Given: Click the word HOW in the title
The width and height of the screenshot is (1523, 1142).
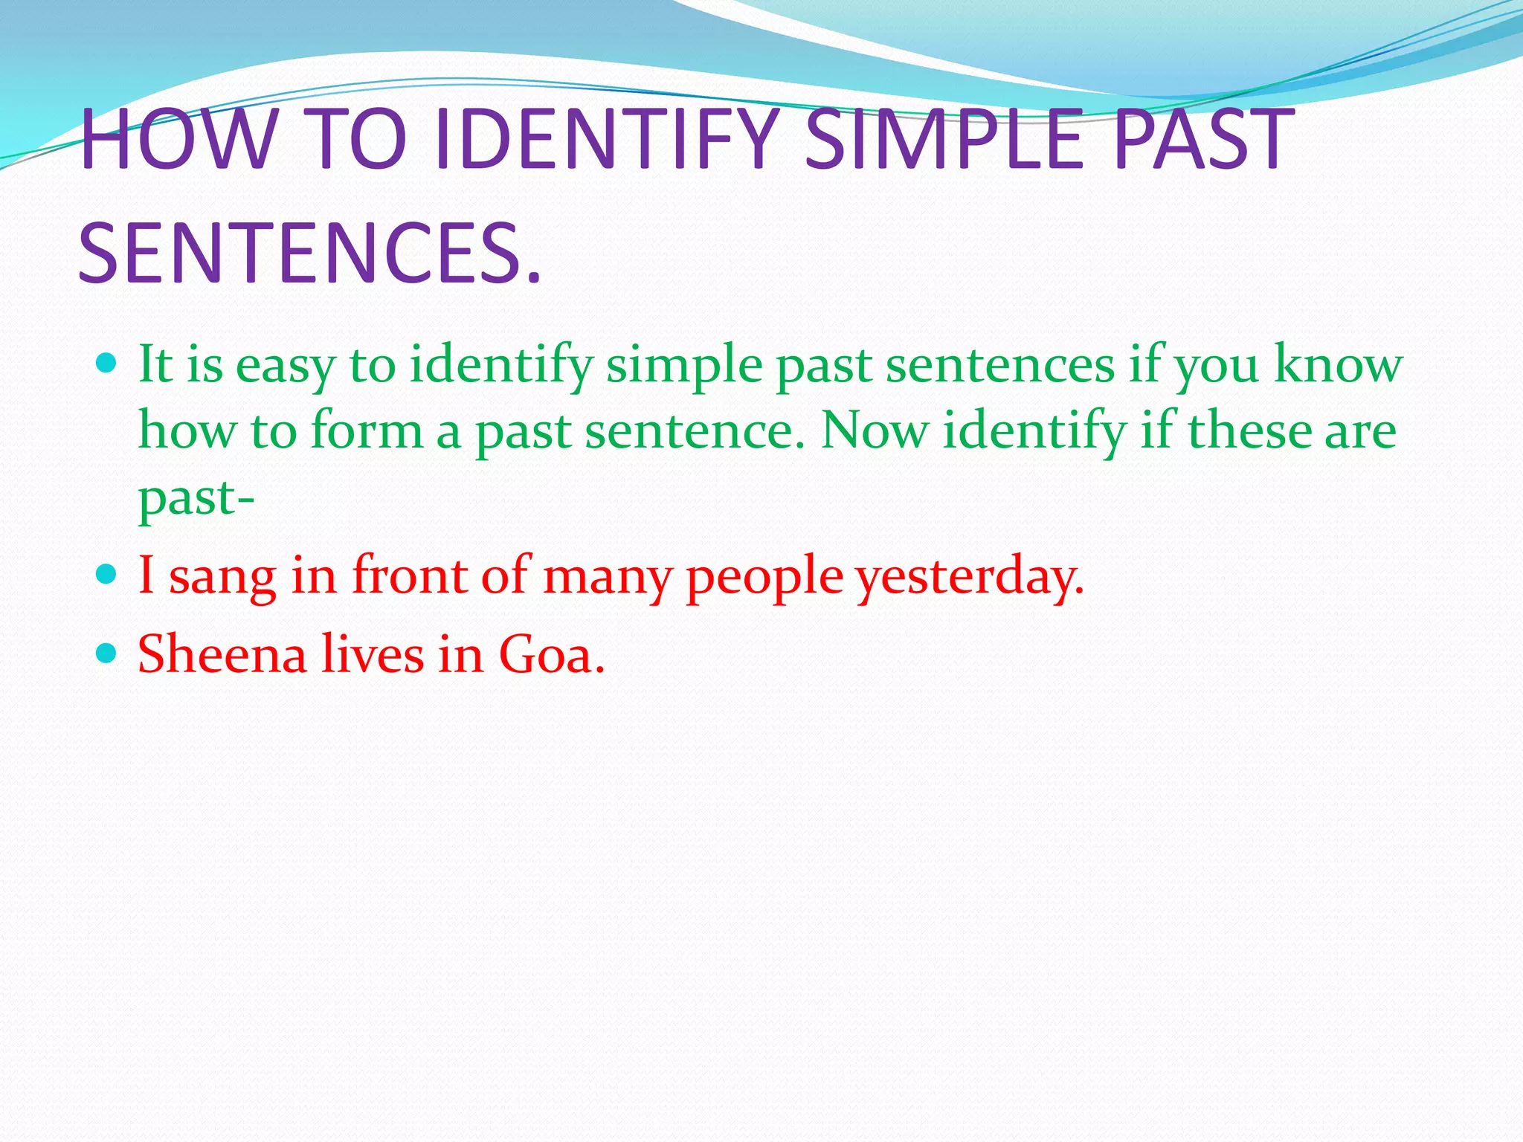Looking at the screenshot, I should [176, 139].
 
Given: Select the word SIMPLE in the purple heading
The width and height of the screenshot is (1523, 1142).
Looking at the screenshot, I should [944, 139].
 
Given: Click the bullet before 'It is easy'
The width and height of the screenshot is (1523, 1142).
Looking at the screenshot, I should [108, 364].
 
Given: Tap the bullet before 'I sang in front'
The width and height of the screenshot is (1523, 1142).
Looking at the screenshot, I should [108, 574].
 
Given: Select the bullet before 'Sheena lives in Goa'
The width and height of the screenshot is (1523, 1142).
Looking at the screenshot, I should [108, 654].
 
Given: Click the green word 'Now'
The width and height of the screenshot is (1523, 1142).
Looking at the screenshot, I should [875, 431].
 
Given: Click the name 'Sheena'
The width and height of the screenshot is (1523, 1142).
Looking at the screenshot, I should [222, 654].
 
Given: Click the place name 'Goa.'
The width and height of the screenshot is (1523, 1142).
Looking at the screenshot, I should [551, 654].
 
